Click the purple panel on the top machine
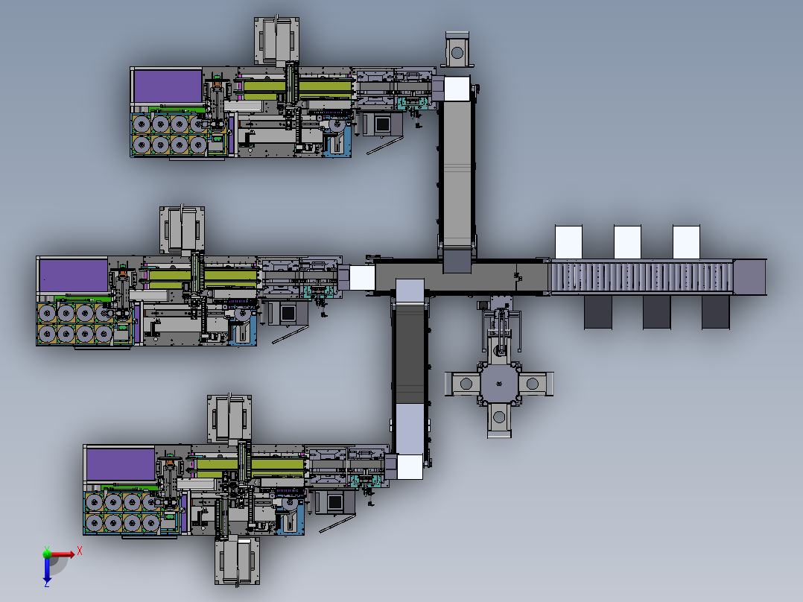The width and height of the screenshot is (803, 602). click(x=168, y=87)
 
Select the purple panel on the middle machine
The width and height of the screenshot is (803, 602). click(x=73, y=275)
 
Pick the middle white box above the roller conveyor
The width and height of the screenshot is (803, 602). click(x=627, y=242)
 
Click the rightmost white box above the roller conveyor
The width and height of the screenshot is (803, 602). click(x=686, y=242)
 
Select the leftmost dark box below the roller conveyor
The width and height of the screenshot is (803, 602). click(x=599, y=312)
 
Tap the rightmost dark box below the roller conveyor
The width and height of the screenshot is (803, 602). click(x=715, y=312)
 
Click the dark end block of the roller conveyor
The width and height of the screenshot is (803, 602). click(x=750, y=276)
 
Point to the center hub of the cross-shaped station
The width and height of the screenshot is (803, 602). click(x=499, y=384)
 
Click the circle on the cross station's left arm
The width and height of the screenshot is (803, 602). click(x=466, y=384)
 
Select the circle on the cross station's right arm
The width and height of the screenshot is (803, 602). click(x=532, y=384)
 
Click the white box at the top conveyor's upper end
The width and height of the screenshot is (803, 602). click(x=457, y=89)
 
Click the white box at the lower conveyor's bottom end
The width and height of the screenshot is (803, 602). click(x=409, y=466)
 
